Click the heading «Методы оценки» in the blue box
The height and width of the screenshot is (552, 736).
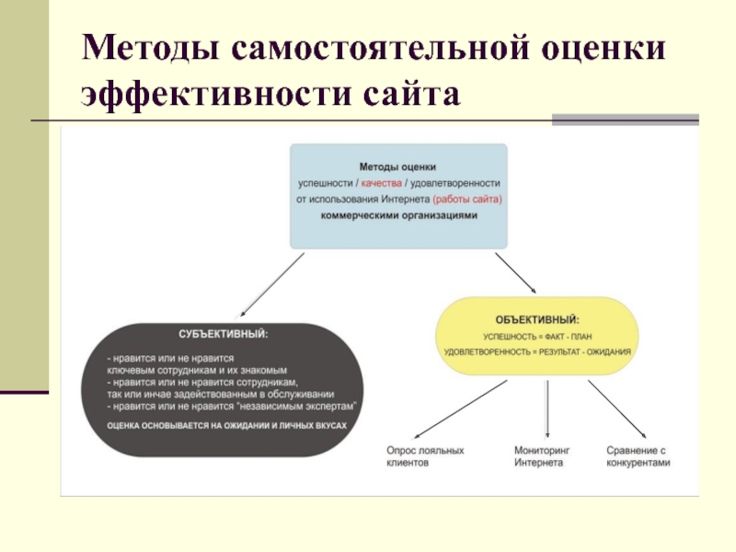click(398, 167)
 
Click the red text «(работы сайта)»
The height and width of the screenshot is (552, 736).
click(467, 199)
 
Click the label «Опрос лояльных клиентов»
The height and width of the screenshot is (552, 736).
click(424, 456)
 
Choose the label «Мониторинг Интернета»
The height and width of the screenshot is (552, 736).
click(542, 456)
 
